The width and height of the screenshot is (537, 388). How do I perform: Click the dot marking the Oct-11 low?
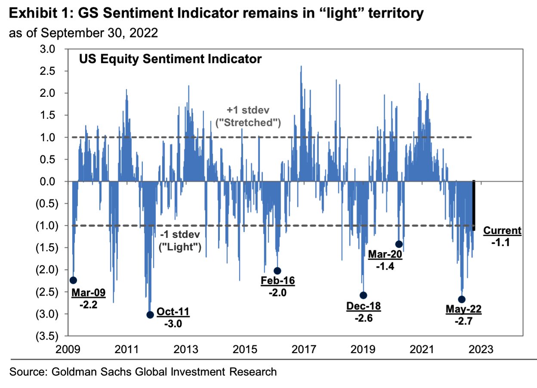150,314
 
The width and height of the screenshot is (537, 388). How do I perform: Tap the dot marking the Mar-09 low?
73,280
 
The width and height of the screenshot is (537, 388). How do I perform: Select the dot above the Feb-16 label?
278,271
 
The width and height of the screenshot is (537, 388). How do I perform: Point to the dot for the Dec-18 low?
363,295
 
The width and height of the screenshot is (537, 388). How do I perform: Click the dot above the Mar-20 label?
399,244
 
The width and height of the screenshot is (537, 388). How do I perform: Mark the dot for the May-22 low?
462,299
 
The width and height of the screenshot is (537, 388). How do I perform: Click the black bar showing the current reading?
474,206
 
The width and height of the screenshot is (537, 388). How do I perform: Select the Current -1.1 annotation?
502,236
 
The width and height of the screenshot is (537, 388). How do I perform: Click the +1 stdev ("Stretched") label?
248,116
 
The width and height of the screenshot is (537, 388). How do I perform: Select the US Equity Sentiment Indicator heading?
170,59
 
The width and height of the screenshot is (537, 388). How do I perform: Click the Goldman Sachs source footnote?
143,371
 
